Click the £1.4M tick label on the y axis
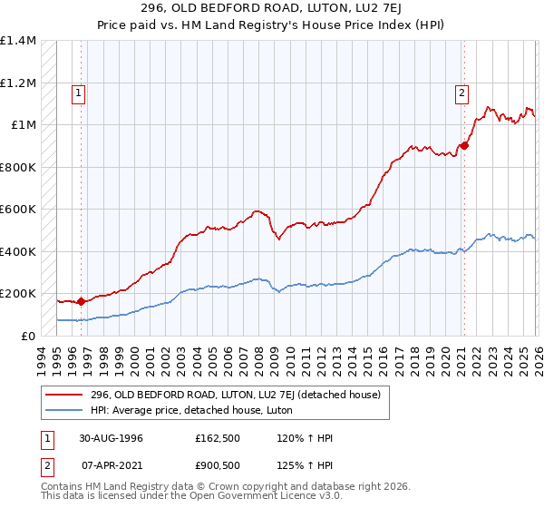18,41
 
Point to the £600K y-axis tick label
18,210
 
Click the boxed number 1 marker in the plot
79,92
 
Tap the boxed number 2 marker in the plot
461,92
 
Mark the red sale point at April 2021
463,145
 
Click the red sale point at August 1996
82,301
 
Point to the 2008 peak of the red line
257,210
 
